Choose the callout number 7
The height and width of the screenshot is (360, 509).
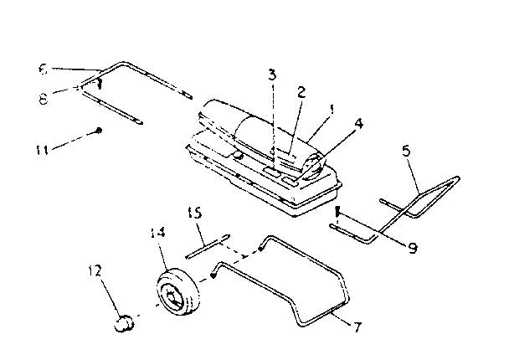pos(357,326)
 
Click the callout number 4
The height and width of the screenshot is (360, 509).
pos(358,123)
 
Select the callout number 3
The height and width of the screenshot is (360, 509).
pos(271,75)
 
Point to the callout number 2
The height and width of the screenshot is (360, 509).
pos(300,90)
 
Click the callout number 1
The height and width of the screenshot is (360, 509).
pos(331,107)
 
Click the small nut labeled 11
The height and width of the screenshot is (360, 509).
pos(99,130)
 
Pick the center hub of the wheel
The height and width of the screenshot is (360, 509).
pos(172,296)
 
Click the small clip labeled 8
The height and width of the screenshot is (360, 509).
pos(98,82)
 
